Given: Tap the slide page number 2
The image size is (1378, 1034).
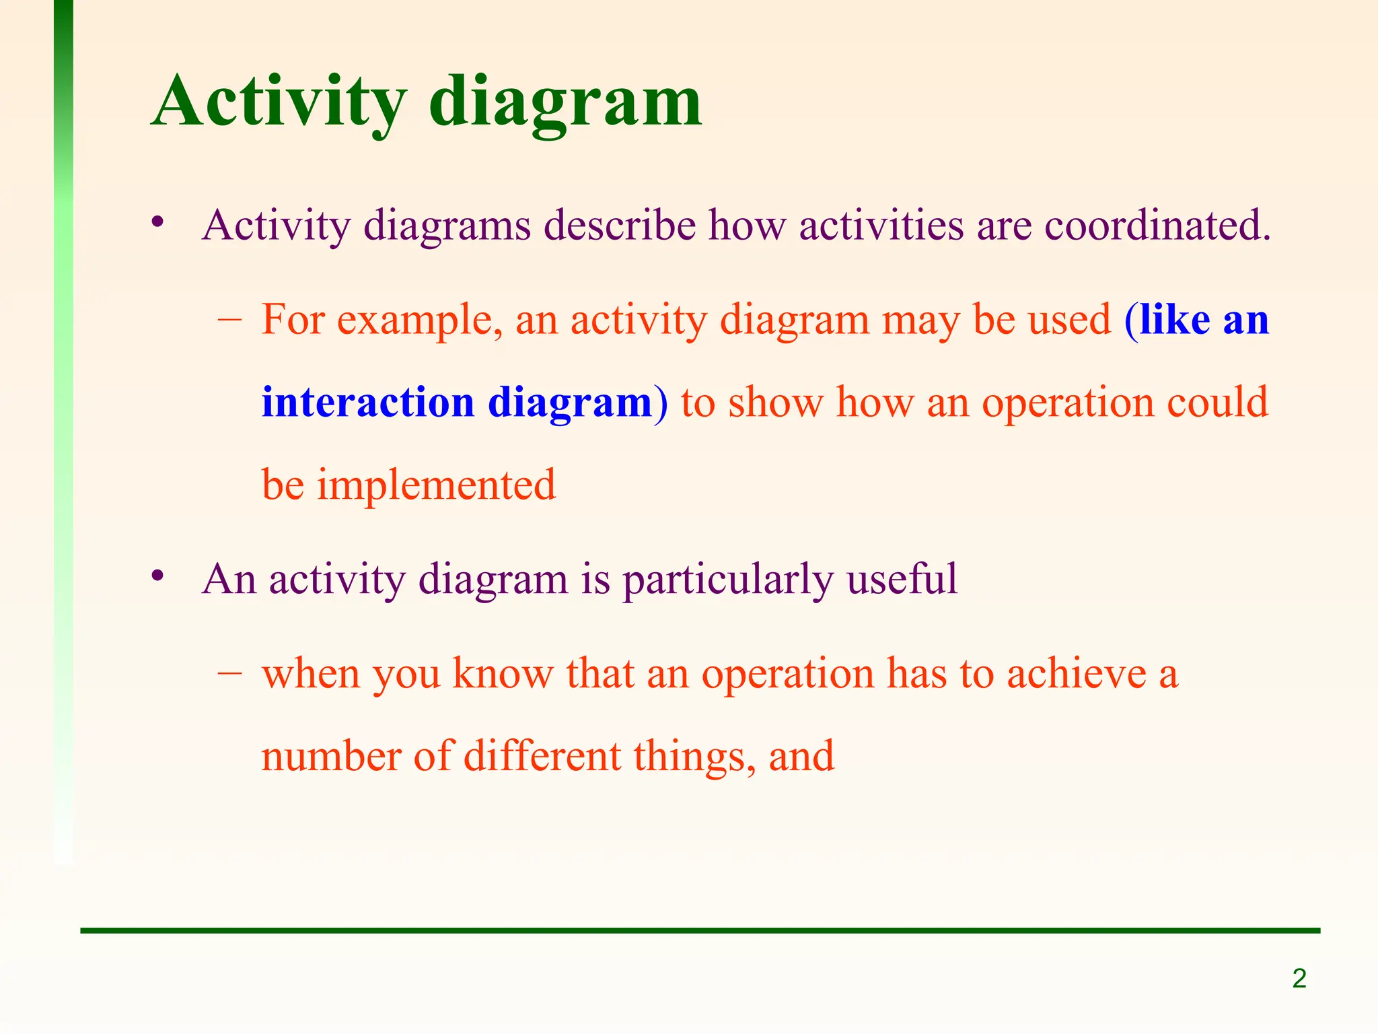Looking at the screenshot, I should [x=1299, y=978].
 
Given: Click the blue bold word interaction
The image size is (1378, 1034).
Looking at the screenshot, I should [x=368, y=402].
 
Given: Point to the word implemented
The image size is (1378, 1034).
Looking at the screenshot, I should [x=436, y=485].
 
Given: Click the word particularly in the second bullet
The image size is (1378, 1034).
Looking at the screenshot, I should [x=727, y=579].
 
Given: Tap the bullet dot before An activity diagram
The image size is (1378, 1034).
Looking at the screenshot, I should [x=158, y=576].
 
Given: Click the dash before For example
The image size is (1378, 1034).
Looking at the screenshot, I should [x=230, y=320].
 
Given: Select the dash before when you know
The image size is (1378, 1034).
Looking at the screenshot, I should [x=230, y=673].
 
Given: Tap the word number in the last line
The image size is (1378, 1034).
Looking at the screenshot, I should [x=330, y=756].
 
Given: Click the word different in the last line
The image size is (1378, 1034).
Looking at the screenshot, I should [x=542, y=756].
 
